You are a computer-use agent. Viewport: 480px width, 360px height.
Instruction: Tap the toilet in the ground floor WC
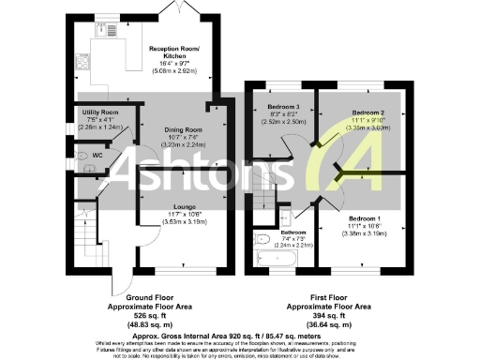point(81,156)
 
